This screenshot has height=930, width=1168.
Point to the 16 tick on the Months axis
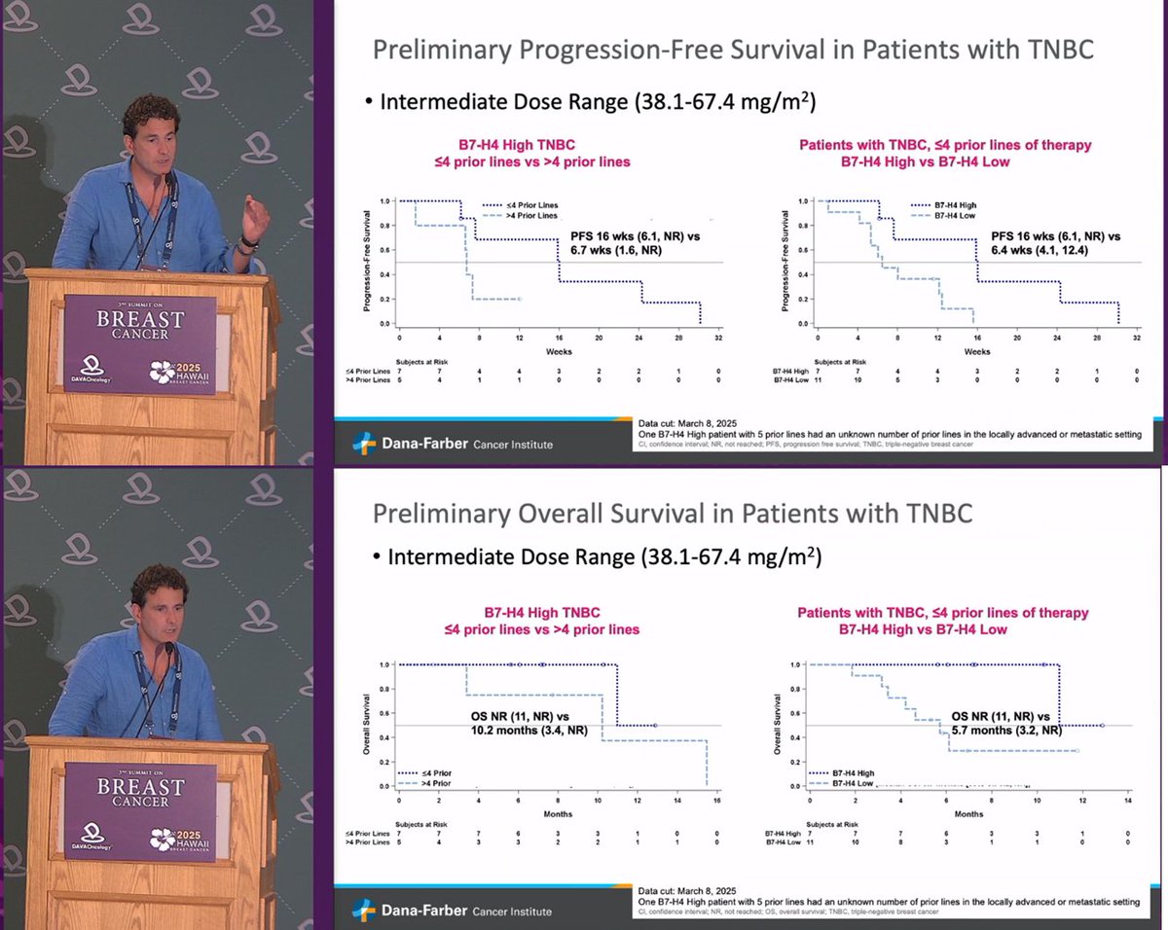click(715, 801)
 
